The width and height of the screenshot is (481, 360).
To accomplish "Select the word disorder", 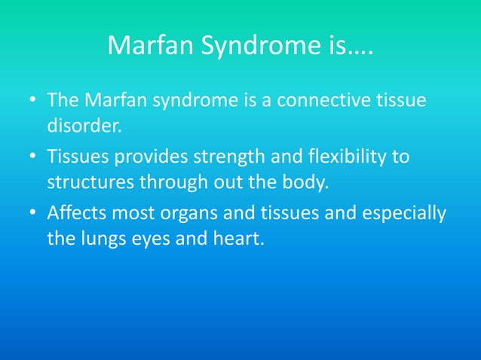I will point(83,123).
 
